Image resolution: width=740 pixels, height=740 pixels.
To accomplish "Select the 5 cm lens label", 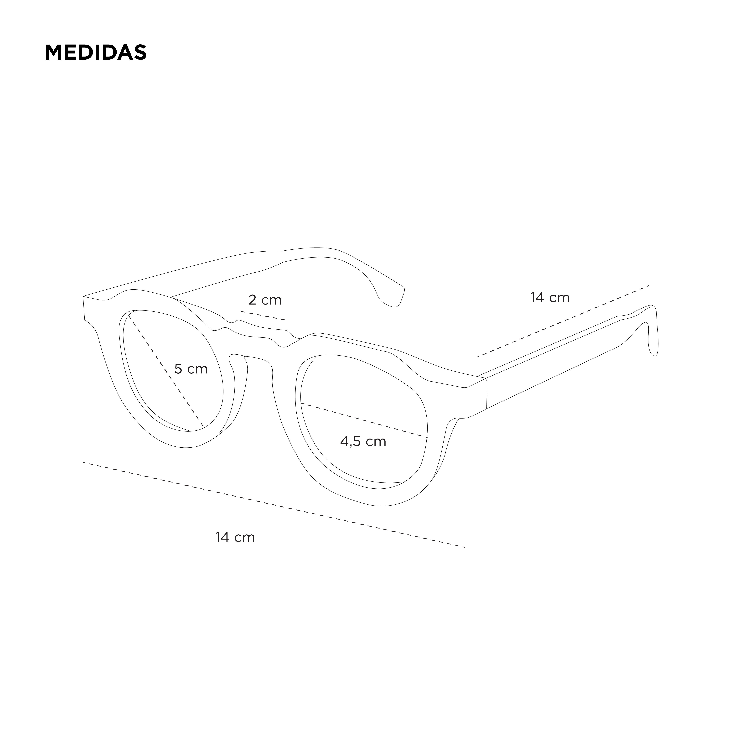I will (191, 369).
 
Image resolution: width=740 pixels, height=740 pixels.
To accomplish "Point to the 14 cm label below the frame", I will (235, 537).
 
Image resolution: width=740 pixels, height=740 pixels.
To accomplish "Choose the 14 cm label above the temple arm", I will (550, 298).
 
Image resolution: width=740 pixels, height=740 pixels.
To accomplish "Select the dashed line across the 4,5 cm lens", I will (364, 420).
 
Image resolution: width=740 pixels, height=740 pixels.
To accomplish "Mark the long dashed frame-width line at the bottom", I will (274, 505).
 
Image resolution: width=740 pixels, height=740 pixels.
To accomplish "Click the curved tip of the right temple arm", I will (653, 337).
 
